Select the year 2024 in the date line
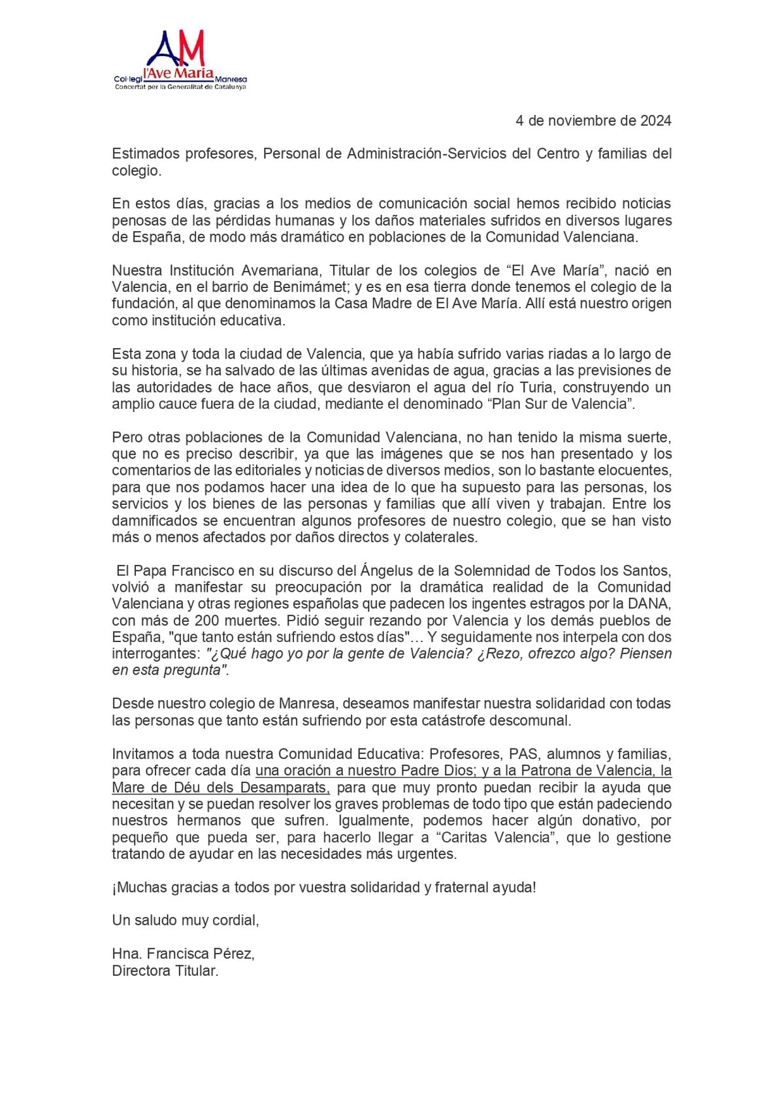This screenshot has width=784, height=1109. (655, 121)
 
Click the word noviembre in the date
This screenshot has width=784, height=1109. (576, 121)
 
